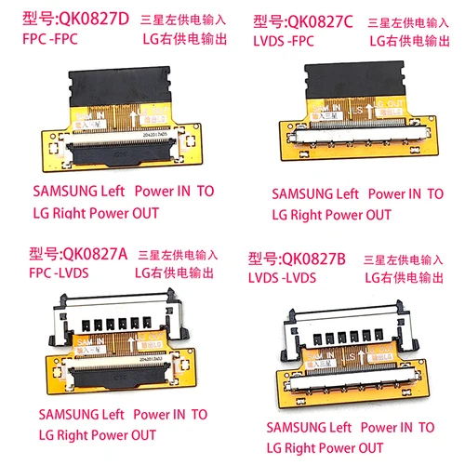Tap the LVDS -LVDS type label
(x=283, y=276)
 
